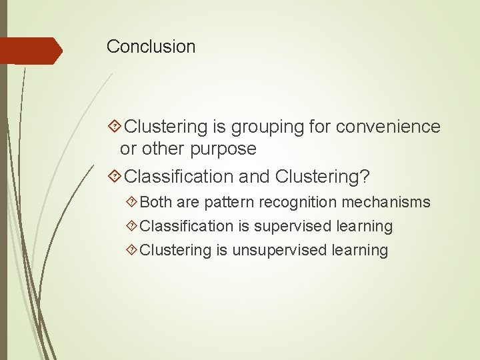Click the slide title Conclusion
click(151, 47)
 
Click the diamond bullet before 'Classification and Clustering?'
click(114, 177)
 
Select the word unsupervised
click(274, 250)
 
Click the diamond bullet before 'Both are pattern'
click(132, 202)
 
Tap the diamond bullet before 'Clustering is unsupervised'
click(132, 250)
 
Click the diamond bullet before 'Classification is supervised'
click(132, 226)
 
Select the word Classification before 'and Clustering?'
click(177, 177)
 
